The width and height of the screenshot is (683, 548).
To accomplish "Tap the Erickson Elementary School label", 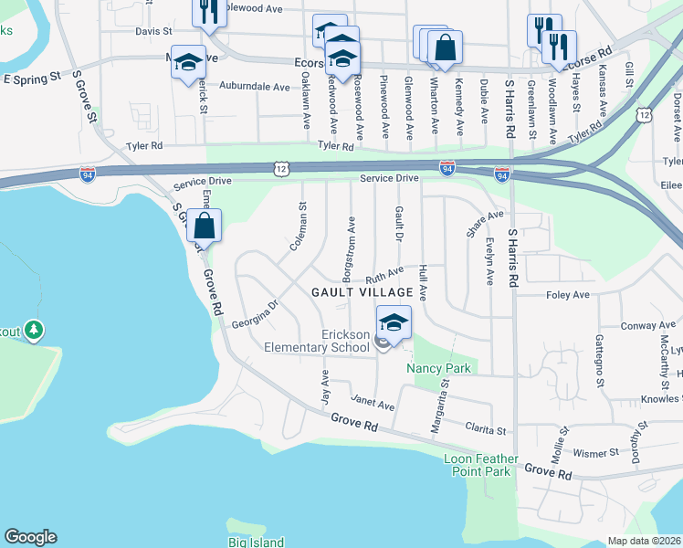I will (x=316, y=341).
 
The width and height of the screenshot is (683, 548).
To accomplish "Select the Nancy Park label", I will (x=438, y=369).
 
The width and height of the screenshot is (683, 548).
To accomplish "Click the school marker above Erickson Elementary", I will (x=394, y=323).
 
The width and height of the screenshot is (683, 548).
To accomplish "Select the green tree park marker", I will (x=34, y=329).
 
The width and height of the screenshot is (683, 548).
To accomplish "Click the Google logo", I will (x=30, y=537).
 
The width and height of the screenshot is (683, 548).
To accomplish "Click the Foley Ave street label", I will (x=567, y=295).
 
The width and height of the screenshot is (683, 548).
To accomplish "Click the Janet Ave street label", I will (x=373, y=402).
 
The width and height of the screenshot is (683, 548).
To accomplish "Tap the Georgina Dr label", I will (x=254, y=309).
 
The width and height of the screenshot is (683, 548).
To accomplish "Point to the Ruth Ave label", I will (x=384, y=274).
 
